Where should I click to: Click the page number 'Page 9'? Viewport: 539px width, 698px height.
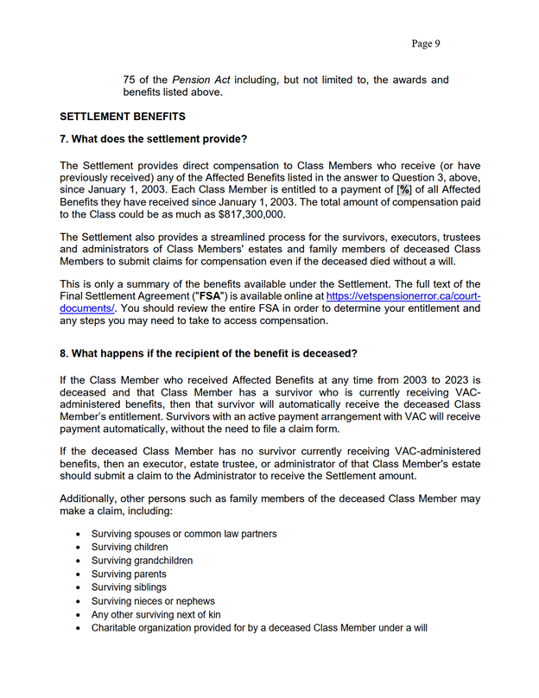click(426, 43)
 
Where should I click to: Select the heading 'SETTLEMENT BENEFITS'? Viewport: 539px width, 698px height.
click(123, 116)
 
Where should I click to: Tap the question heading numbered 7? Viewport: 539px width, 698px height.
click(154, 139)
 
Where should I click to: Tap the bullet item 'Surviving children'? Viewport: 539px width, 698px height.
click(130, 547)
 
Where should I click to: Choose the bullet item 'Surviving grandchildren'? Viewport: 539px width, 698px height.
click(142, 561)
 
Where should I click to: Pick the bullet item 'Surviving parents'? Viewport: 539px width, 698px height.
click(129, 574)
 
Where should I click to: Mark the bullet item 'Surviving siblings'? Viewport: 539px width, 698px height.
click(129, 587)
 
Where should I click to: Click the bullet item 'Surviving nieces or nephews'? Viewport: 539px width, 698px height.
click(153, 601)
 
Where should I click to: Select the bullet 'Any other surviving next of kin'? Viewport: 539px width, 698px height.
click(156, 614)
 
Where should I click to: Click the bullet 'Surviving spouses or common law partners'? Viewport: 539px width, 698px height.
click(184, 534)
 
